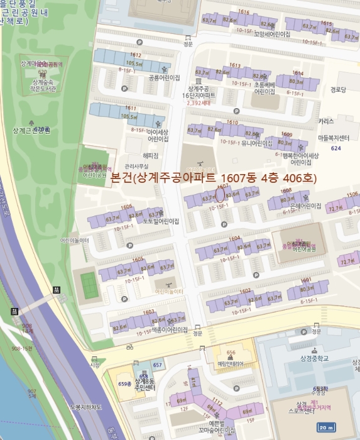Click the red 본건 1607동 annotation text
(214, 178)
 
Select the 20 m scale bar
(326, 427)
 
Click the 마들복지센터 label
(332, 137)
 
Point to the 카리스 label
(326, 121)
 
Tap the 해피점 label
(151, 155)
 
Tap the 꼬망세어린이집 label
(272, 34)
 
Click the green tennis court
(89, 285)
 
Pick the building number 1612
(136, 55)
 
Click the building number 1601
(306, 280)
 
